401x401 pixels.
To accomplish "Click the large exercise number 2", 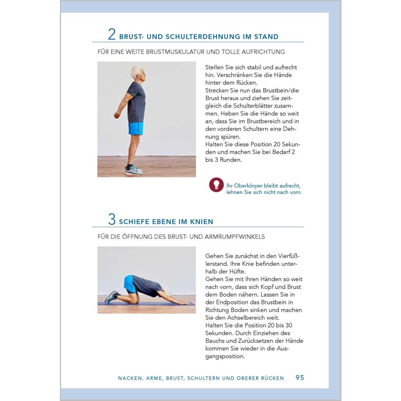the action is [112, 34].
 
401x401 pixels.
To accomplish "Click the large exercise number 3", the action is [112, 219].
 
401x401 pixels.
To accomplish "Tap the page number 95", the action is [300, 378].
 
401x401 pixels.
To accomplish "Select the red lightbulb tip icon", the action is [216, 185].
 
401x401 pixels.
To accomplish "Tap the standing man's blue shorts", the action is [135, 128].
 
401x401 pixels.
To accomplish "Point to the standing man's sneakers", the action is [133, 170].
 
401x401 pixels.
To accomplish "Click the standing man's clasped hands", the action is [117, 115].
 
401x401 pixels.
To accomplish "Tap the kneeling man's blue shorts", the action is [130, 284].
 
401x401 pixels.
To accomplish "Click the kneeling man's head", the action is [167, 291].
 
